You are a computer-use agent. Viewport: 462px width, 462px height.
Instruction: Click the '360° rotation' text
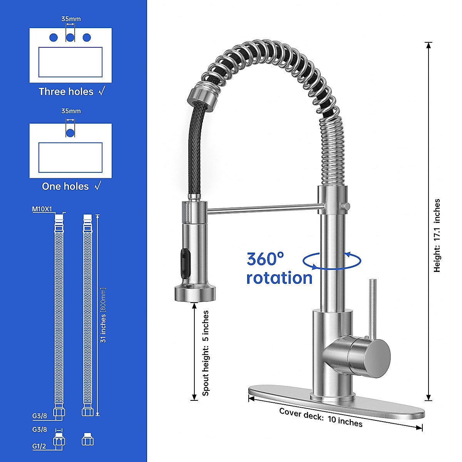click(279, 268)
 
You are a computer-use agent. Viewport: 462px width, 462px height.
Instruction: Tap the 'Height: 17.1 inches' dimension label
click(437, 236)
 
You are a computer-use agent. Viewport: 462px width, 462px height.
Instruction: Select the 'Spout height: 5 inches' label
click(206, 353)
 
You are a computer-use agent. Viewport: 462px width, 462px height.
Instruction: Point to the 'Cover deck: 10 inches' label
click(321, 417)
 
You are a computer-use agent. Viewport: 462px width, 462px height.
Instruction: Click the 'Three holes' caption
click(66, 92)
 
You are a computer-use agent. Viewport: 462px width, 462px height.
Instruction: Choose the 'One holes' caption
click(65, 186)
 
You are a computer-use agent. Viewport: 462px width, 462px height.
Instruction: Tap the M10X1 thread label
click(42, 209)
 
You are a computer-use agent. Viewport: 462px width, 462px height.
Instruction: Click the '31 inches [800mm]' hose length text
click(103, 315)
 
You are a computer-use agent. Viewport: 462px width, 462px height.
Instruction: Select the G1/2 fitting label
click(39, 446)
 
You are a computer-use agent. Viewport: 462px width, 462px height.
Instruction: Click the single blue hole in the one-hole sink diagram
click(70, 133)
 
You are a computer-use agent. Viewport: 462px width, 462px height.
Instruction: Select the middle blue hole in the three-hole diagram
click(70, 37)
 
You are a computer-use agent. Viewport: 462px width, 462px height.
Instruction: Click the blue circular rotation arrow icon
click(332, 261)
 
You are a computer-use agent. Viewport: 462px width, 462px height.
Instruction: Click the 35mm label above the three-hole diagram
click(71, 19)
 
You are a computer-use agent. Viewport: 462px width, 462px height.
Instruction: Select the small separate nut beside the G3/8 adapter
click(88, 440)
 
